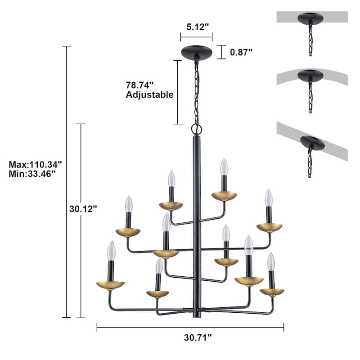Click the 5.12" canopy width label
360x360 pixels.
click(196, 27)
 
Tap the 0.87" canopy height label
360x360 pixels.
click(241, 52)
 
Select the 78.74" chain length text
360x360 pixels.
click(139, 85)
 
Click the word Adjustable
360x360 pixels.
click(149, 95)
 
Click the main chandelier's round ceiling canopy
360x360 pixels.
click(196, 51)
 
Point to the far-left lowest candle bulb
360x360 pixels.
click(111, 250)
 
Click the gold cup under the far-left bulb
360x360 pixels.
click(111, 286)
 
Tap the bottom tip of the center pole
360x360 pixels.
click(196, 316)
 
